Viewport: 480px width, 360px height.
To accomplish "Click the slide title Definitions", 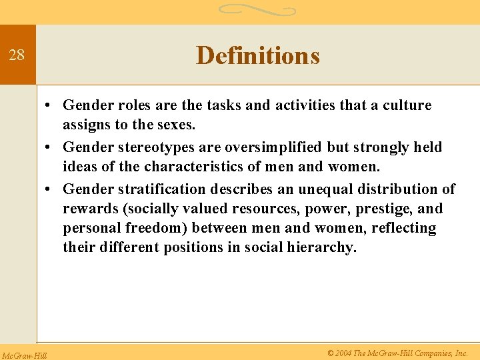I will [x=257, y=55].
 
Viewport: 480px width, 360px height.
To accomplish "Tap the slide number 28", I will [x=17, y=55].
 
